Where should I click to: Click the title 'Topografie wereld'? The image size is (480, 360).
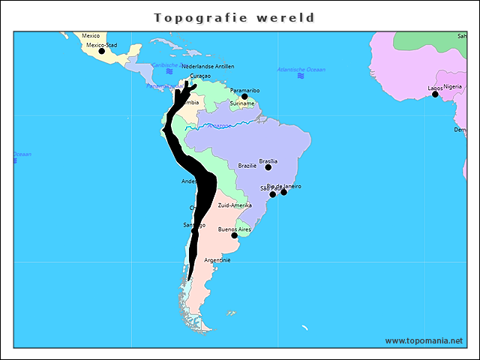point(235,17)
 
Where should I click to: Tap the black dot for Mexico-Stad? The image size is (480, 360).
point(102,51)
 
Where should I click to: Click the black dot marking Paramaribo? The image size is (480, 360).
point(244,97)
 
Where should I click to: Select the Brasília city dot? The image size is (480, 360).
point(268,167)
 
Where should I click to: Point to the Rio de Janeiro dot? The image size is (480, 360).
point(283,192)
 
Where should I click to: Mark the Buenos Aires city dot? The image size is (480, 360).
point(235,235)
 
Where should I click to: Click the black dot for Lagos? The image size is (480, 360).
point(435,94)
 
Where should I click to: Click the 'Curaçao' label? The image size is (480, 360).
point(200,76)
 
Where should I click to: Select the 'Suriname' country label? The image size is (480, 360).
point(242,103)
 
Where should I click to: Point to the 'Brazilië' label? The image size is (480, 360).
point(247,166)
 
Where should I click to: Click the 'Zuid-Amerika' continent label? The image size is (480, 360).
point(235,205)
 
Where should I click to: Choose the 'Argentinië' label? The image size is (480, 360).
point(217,260)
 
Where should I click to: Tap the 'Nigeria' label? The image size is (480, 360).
point(453,86)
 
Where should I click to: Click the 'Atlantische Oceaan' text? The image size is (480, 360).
point(301,69)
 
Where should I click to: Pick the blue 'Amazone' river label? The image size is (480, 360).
point(220,125)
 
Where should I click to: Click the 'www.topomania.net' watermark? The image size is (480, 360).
point(424,340)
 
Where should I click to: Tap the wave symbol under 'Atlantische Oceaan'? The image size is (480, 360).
point(301,76)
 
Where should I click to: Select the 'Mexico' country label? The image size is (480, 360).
point(91,35)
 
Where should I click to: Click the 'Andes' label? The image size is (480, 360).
point(189,181)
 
